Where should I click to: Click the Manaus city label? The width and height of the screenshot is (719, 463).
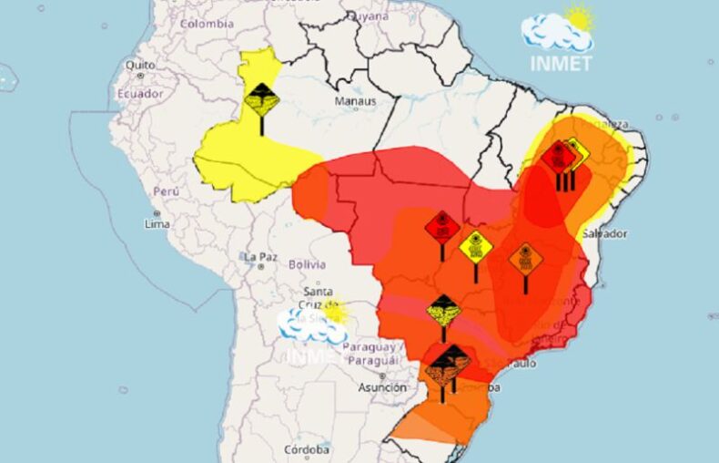click(355, 101)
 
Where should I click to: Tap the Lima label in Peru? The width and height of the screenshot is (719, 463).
click(157, 223)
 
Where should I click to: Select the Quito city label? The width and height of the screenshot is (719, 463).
click(140, 66)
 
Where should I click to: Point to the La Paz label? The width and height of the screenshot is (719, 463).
click(259, 258)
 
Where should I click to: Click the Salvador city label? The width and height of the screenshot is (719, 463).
click(605, 233)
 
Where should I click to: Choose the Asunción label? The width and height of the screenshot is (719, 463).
click(382, 387)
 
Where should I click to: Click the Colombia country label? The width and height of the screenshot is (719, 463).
click(207, 24)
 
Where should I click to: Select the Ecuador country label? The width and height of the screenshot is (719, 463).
click(140, 93)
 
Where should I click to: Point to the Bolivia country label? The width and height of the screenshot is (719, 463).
click(306, 264)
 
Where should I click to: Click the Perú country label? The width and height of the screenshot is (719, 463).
click(166, 192)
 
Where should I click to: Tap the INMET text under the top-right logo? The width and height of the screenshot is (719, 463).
click(561, 64)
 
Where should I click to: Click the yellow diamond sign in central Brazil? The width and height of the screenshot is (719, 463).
click(475, 246)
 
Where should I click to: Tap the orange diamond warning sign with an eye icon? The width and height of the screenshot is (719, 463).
click(525, 259)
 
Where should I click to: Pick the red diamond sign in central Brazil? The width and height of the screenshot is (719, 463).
click(442, 226)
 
